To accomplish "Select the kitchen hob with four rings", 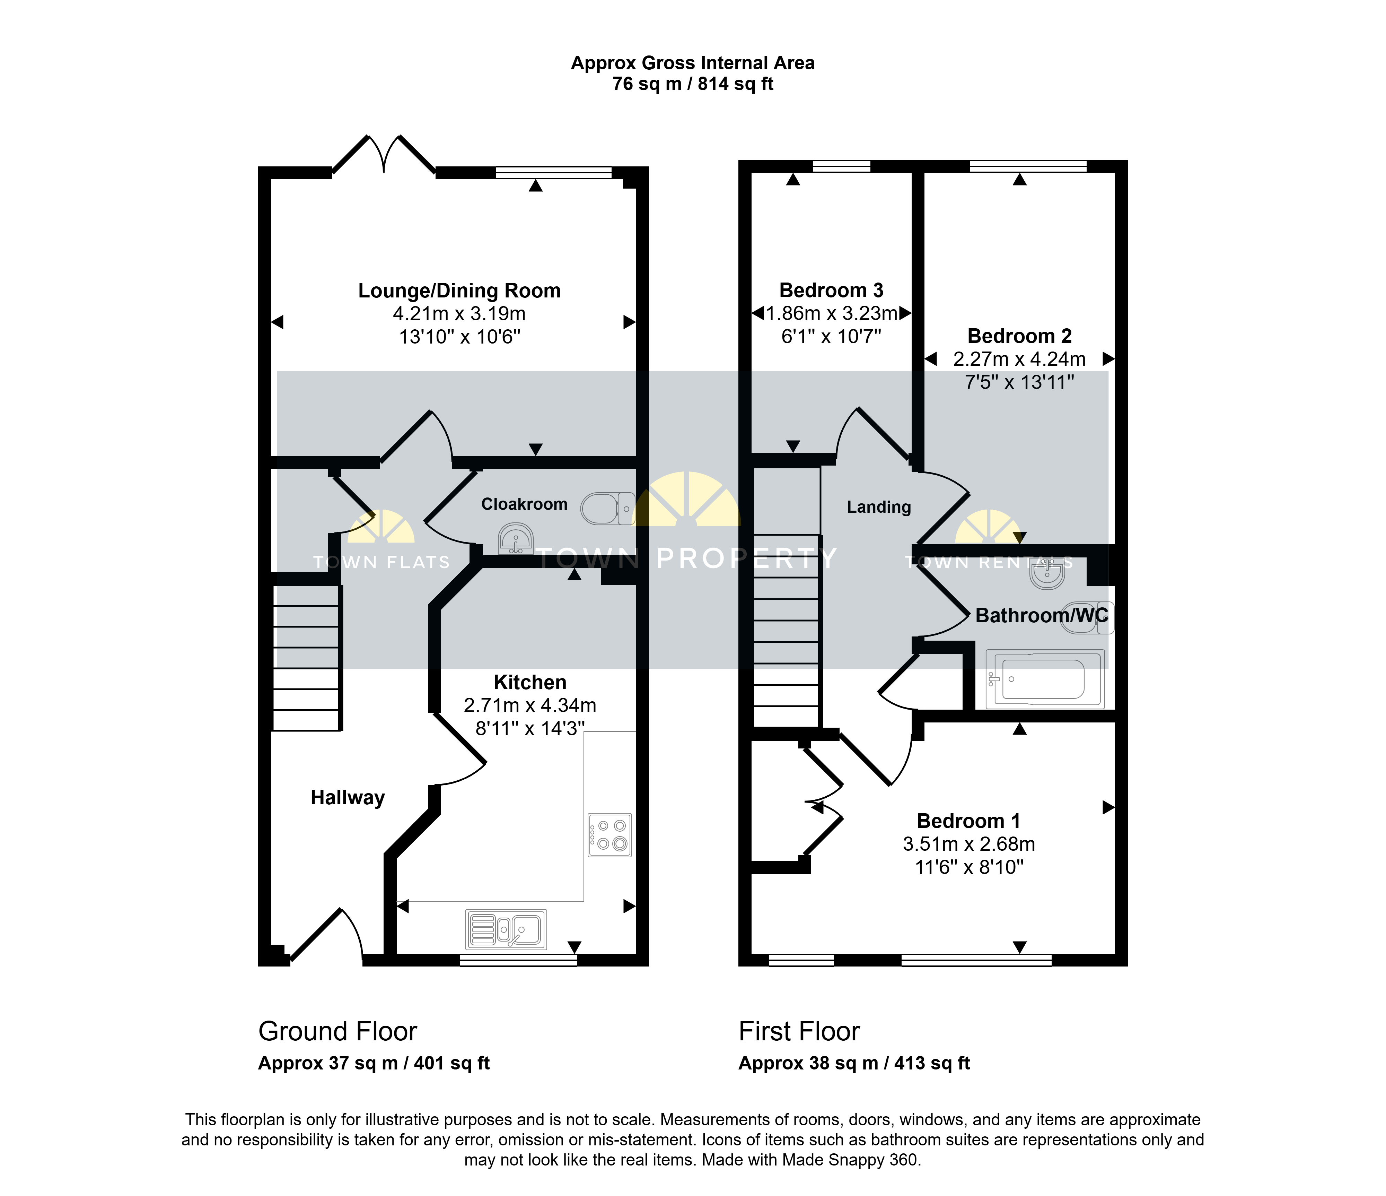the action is coord(609,834).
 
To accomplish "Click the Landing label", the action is coord(879,507).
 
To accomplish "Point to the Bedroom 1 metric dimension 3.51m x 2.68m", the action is coord(969,844).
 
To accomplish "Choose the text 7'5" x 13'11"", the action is coord(1019,382).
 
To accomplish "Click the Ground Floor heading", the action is coord(338,1031).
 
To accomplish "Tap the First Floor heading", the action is coord(799,1031).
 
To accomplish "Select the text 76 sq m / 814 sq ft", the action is coord(693,84).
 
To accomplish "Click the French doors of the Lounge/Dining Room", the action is coord(384,155).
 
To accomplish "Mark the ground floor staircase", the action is coord(306,658).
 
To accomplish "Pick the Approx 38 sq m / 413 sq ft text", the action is coord(854,1064).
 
